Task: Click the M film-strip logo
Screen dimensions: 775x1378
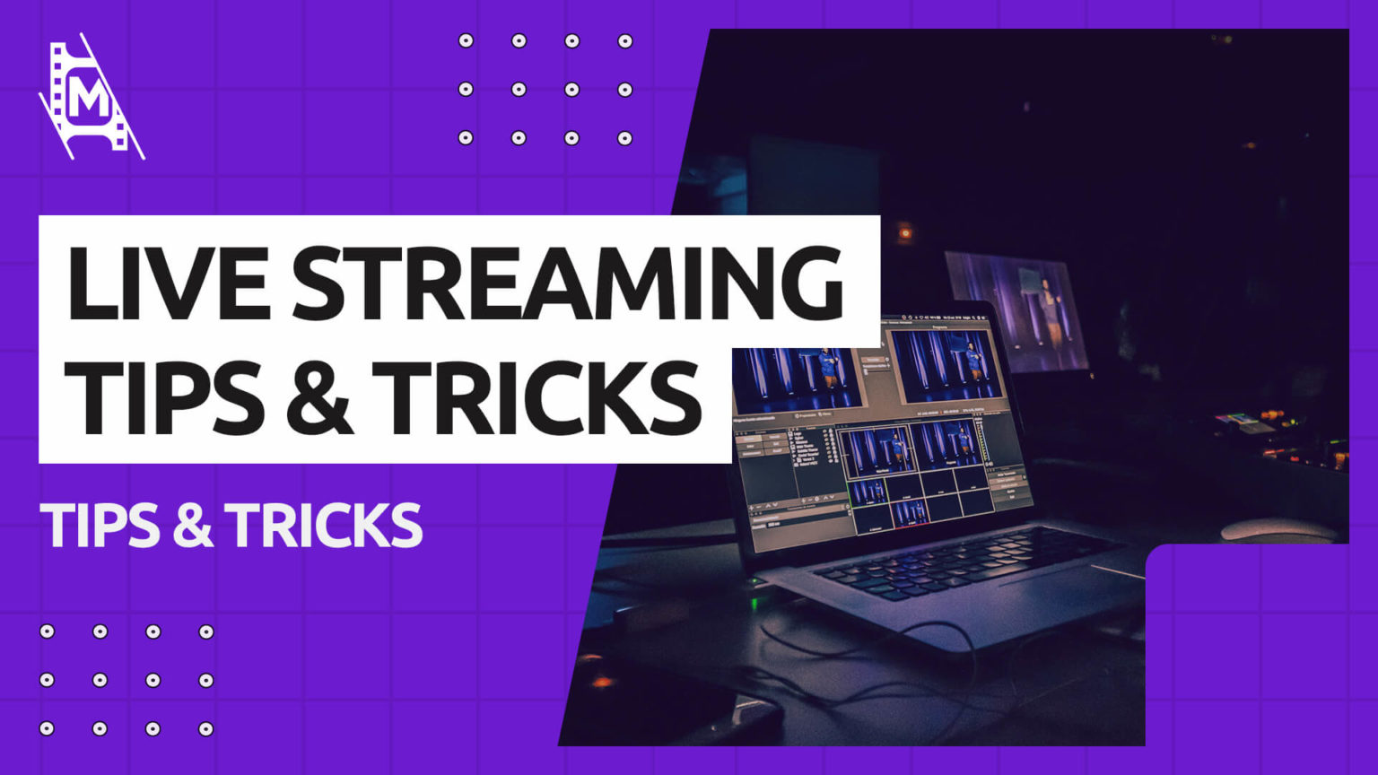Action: tap(90, 97)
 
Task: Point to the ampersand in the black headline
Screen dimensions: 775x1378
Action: tap(319, 397)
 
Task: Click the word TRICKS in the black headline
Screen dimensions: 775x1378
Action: tap(536, 396)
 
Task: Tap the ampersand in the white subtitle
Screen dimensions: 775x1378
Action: tap(192, 526)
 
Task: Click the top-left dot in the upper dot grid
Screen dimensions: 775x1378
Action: tap(466, 40)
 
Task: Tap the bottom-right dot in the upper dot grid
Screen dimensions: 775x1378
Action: tap(625, 138)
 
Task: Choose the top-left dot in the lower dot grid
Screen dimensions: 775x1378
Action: tap(47, 631)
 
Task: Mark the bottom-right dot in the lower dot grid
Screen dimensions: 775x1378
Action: tap(206, 728)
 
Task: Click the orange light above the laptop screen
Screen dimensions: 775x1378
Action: tap(904, 233)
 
